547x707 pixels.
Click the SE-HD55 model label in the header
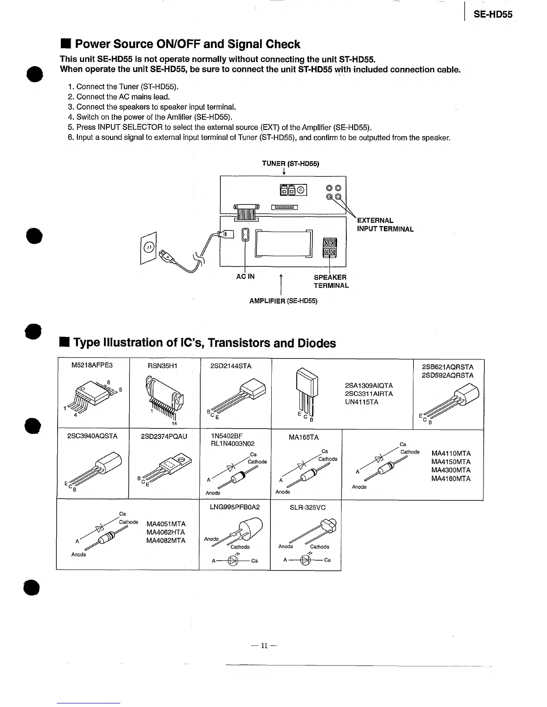pos(493,14)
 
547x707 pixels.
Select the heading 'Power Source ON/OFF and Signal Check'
pos(187,44)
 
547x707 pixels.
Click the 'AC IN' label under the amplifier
pos(245,277)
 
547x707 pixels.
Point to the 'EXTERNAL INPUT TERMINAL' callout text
pos(385,225)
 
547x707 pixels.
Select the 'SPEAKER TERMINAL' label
pos(331,282)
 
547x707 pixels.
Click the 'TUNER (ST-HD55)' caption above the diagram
pos(290,164)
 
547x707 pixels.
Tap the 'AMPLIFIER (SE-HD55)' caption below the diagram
pos(283,301)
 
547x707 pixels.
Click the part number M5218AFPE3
pos(92,366)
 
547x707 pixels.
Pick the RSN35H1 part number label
pos(163,366)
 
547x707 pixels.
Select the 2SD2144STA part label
pos(231,366)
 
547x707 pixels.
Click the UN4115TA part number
pos(362,402)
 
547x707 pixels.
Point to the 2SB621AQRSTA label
pos(447,367)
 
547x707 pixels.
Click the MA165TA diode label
pos(304,437)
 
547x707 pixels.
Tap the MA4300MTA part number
pos(451,470)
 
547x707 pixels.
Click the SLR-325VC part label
pos(308,507)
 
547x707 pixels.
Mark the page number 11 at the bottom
pos(264,645)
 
